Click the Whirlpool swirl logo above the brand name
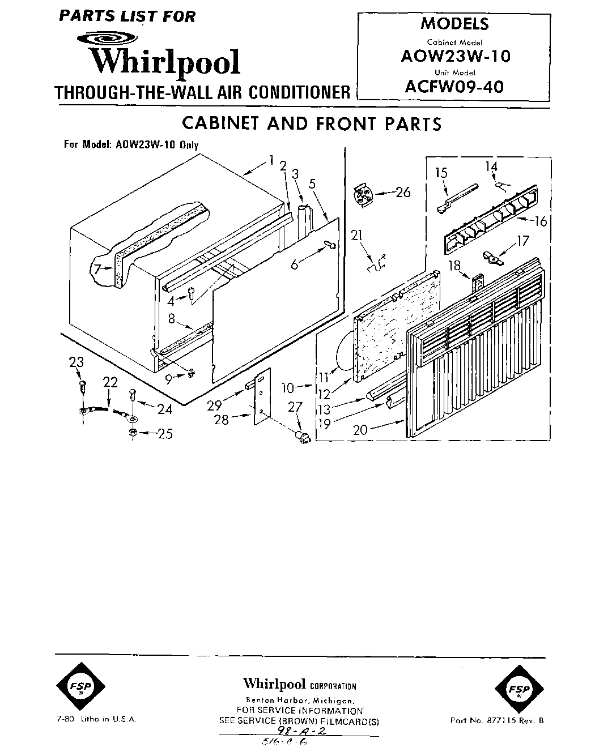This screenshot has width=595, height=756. (x=107, y=39)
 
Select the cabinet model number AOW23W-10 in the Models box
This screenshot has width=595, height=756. (x=455, y=57)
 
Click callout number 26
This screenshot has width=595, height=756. (x=403, y=192)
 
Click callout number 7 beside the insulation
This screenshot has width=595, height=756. (x=97, y=269)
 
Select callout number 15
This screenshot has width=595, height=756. (x=441, y=172)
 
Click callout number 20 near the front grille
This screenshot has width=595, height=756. (x=360, y=430)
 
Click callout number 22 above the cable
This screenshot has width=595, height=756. (x=110, y=382)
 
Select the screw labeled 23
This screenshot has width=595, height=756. (x=83, y=387)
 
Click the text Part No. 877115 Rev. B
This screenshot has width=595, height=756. (x=496, y=721)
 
